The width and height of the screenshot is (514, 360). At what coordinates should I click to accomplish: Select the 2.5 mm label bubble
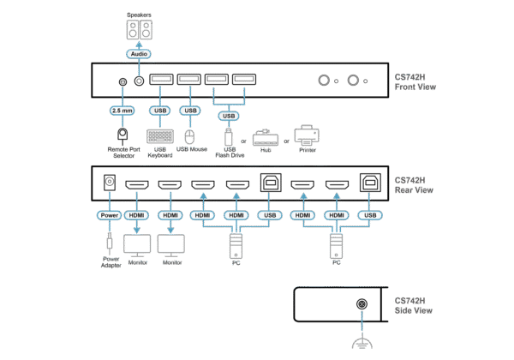(121, 111)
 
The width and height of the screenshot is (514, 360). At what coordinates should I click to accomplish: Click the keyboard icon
(159, 137)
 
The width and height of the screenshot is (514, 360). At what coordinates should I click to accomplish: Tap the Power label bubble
(109, 214)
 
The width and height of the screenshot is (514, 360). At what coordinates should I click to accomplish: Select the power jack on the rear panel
(109, 184)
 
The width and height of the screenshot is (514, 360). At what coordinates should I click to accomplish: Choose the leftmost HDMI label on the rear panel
(137, 214)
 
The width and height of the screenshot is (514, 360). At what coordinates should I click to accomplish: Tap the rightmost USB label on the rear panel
(370, 214)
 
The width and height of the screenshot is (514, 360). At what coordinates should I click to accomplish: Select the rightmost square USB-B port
(370, 183)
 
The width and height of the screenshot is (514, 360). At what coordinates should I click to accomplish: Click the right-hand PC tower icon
(336, 248)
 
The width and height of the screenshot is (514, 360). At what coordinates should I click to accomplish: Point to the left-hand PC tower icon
(235, 248)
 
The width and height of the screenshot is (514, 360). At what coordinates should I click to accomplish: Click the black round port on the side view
(362, 304)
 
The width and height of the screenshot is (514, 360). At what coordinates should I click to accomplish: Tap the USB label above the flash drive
(229, 114)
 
